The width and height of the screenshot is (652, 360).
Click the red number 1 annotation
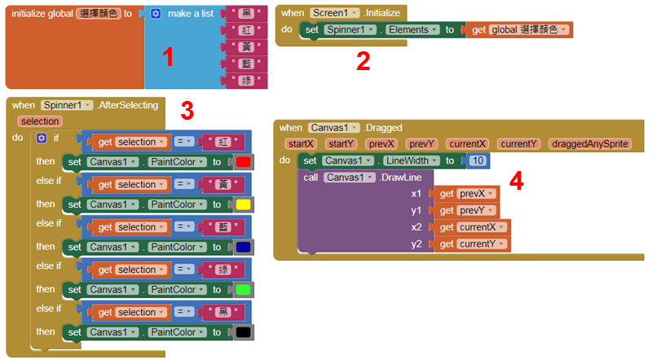point(168,57)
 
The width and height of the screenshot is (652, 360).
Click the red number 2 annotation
point(363,61)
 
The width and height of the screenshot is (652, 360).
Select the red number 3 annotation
point(187,110)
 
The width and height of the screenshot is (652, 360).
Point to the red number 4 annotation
point(515,180)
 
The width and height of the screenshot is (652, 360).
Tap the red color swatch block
point(242,162)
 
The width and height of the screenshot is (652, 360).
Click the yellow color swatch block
point(242,204)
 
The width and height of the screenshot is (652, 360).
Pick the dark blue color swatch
point(242,247)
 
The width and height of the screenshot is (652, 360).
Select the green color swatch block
point(242,289)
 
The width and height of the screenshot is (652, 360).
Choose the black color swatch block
point(242,331)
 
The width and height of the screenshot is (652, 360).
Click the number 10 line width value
point(478,160)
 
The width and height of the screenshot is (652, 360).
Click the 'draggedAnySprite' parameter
point(589,143)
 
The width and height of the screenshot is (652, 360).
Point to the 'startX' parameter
point(300,143)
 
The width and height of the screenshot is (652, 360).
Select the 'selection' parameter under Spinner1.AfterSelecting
point(40,121)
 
